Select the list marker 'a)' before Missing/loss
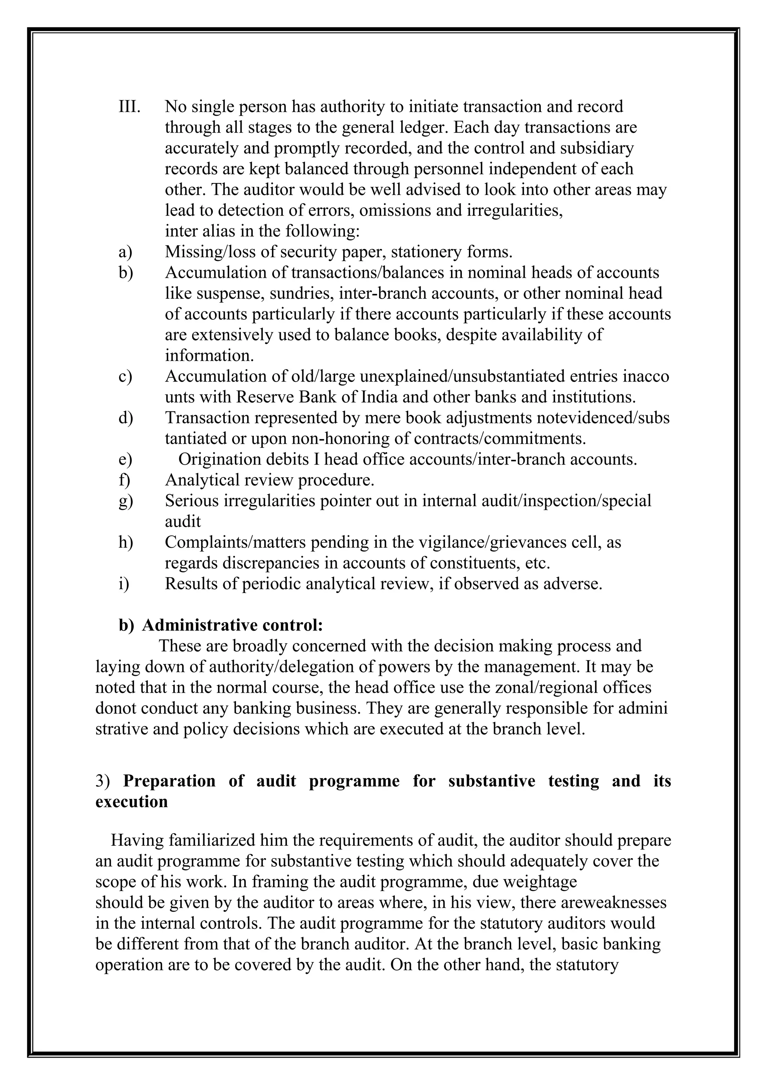pos(125,252)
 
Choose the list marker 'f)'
pos(124,480)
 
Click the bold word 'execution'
pos(131,802)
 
